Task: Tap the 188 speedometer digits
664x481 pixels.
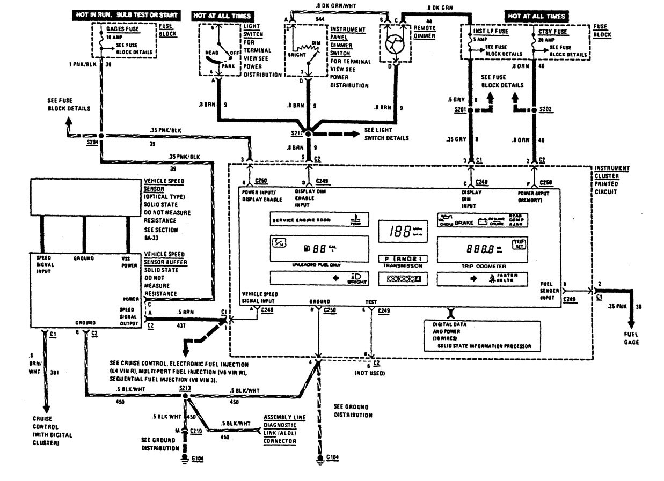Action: (398, 231)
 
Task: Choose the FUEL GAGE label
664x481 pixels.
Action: (631, 338)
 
